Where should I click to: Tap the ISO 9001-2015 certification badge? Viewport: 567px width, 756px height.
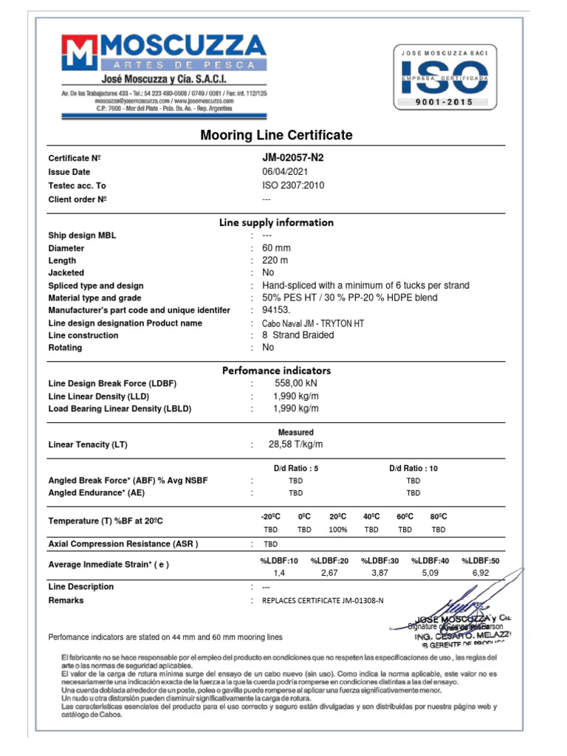[444, 77]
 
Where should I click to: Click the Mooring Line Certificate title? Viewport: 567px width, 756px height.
[276, 135]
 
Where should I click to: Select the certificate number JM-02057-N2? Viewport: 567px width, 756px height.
[292, 158]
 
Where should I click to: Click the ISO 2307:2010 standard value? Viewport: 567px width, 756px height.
[293, 185]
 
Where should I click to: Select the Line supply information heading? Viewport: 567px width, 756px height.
[276, 222]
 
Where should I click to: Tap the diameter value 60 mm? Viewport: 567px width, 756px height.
[277, 248]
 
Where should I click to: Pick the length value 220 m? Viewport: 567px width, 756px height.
[275, 261]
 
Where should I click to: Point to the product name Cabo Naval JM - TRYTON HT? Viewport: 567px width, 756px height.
[313, 323]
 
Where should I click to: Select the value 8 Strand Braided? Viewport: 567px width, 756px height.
[298, 335]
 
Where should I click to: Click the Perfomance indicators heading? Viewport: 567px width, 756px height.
[276, 371]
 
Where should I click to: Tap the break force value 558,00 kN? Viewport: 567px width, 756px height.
[296, 384]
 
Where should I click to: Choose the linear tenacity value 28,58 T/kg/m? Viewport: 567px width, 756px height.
[296, 444]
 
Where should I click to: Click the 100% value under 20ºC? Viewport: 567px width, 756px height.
[338, 529]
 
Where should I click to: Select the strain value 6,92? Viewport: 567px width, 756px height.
[481, 573]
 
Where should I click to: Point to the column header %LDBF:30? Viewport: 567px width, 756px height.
[379, 561]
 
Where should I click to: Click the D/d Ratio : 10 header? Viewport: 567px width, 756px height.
[413, 468]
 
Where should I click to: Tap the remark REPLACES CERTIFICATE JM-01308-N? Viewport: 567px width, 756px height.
[323, 601]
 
